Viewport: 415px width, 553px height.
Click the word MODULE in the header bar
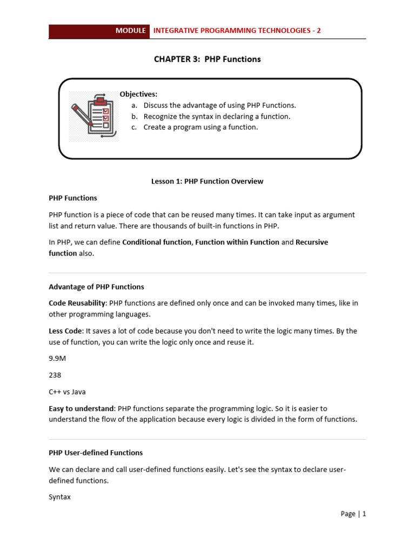point(131,31)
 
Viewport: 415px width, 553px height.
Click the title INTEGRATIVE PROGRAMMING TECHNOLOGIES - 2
point(237,31)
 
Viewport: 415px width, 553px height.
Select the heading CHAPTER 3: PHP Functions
point(207,59)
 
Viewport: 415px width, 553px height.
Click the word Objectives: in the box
point(138,94)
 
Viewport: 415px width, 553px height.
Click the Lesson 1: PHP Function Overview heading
point(207,181)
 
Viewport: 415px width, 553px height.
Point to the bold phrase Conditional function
point(157,242)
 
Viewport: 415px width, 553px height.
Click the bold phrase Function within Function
point(237,242)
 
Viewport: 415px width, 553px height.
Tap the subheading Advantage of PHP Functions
point(96,287)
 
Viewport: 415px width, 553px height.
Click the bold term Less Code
point(65,331)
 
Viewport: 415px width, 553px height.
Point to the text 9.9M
point(57,359)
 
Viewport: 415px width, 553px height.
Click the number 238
point(55,375)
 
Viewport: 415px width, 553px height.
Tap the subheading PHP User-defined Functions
point(96,453)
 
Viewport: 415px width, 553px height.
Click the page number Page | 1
point(353,514)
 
